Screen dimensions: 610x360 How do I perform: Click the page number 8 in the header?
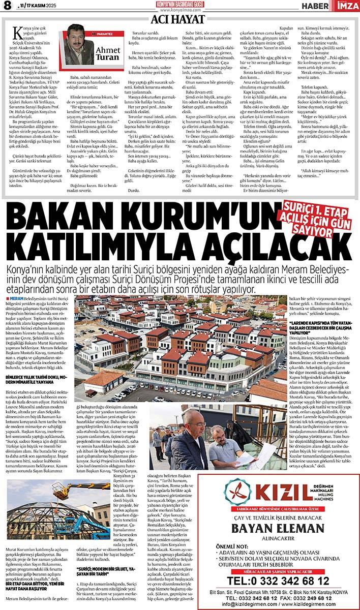pyautogui.click(x=8, y=6)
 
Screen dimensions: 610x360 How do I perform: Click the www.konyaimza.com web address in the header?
pyautogui.click(x=179, y=9)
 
